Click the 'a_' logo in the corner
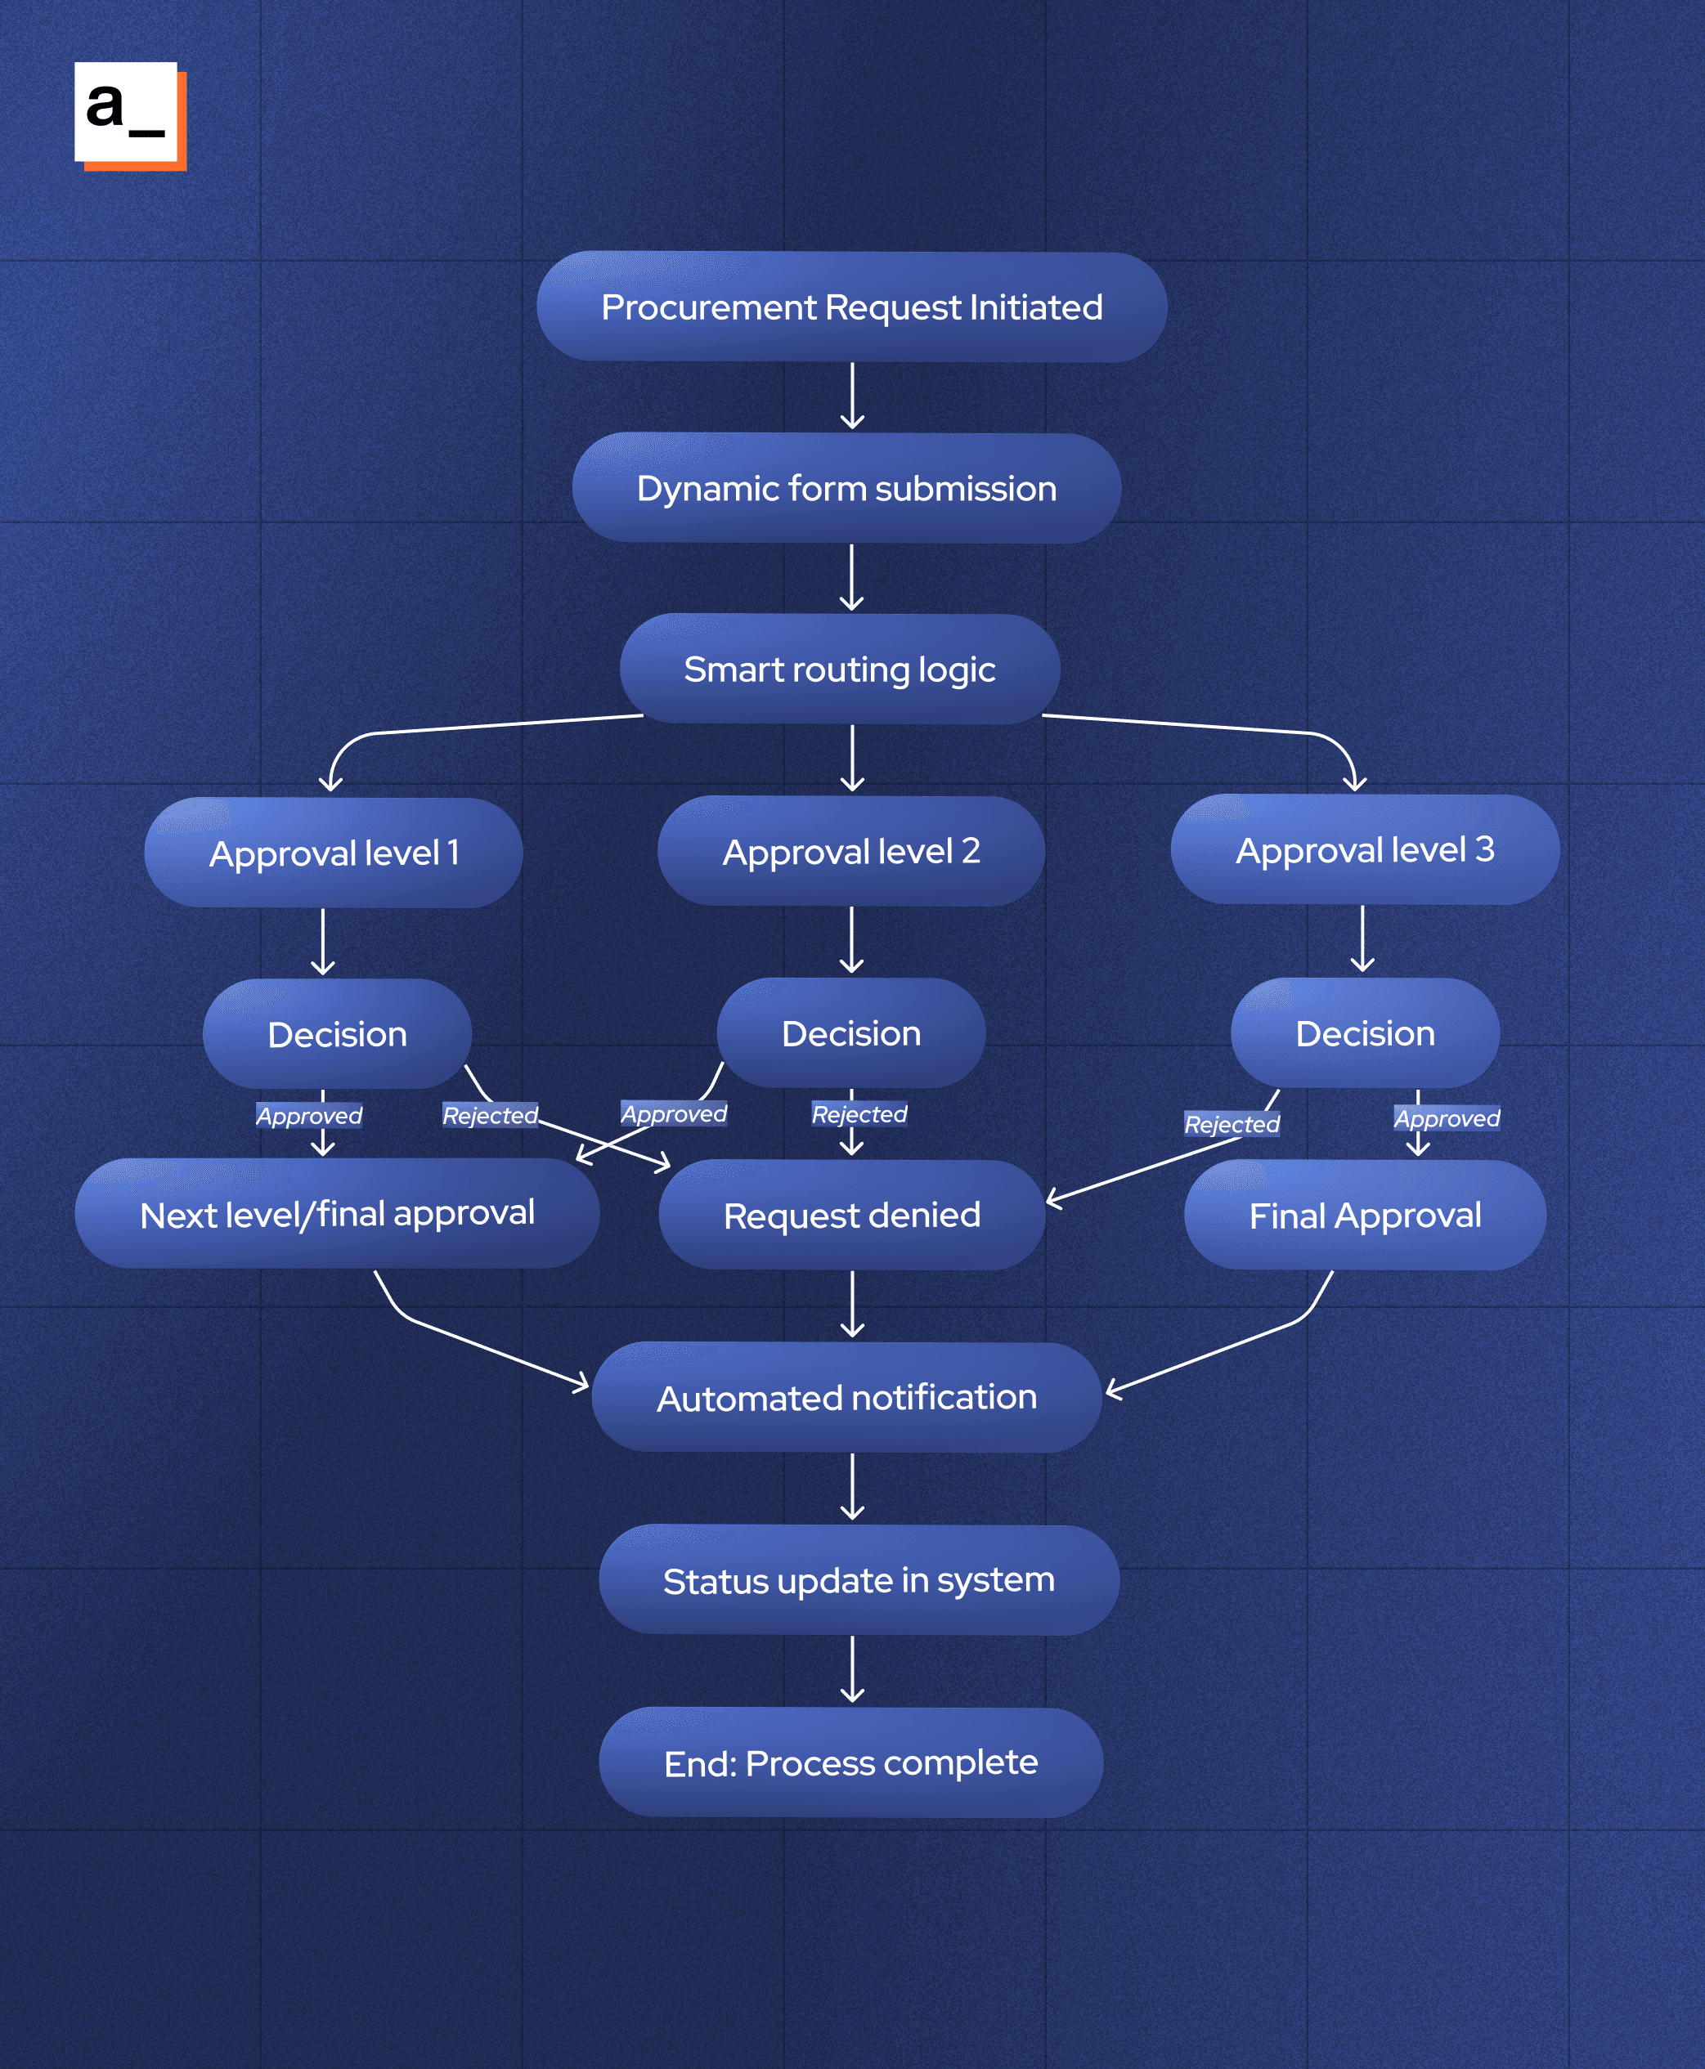pyautogui.click(x=128, y=115)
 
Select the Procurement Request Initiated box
pyautogui.click(x=851, y=307)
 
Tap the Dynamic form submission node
pyautogui.click(x=846, y=488)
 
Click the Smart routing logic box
pyautogui.click(x=840, y=669)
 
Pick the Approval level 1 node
pyautogui.click(x=334, y=853)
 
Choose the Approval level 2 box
pyautogui.click(x=851, y=850)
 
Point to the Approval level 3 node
pyautogui.click(x=1365, y=849)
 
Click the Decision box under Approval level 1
pyautogui.click(x=337, y=1034)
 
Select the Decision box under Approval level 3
pyautogui.click(x=1365, y=1033)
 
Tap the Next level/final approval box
pyautogui.click(x=337, y=1214)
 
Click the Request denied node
pyautogui.click(x=851, y=1215)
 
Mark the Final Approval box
pyautogui.click(x=1365, y=1216)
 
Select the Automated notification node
pyautogui.click(x=846, y=1397)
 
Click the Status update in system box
pyautogui.click(x=859, y=1580)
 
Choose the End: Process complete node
pyautogui.click(x=850, y=1762)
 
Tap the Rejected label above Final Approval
pyautogui.click(x=1232, y=1124)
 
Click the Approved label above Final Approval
pyautogui.click(x=1447, y=1118)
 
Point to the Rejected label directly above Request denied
pyautogui.click(x=859, y=1114)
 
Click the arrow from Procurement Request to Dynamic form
pyautogui.click(x=852, y=396)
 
